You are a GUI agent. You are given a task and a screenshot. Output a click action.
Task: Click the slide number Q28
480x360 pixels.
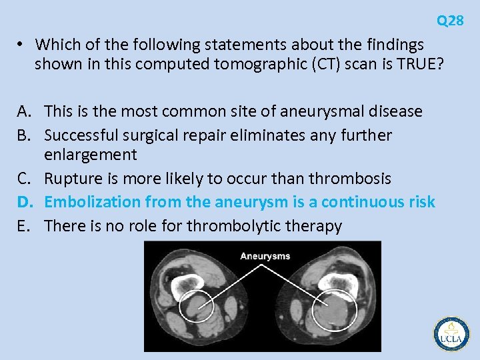point(450,21)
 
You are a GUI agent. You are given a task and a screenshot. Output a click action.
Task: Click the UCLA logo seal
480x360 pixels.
point(451,333)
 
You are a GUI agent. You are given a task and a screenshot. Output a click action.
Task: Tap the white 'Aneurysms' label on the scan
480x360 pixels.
point(265,256)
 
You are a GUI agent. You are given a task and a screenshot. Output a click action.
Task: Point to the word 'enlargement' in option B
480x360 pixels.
point(91,155)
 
